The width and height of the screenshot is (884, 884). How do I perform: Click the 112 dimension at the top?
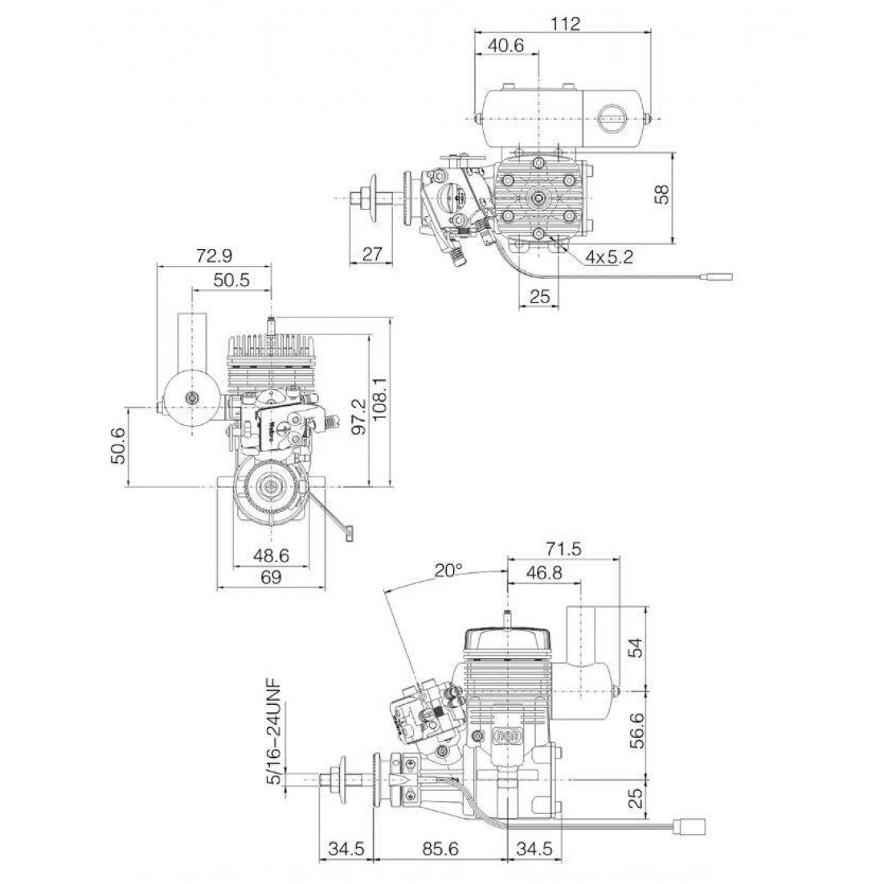[567, 23]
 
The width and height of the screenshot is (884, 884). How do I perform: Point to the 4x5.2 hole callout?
[609, 257]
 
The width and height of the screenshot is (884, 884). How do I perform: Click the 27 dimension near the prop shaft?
[371, 254]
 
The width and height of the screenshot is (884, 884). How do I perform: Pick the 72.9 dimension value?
[214, 256]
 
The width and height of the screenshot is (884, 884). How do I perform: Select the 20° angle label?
[448, 571]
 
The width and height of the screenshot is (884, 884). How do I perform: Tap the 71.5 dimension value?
[563, 549]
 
